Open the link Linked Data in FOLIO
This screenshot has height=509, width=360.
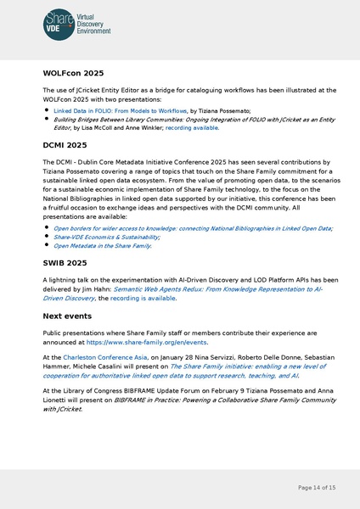(x=120, y=110)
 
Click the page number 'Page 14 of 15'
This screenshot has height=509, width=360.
(x=317, y=487)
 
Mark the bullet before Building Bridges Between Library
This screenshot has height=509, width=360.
(x=46, y=120)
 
